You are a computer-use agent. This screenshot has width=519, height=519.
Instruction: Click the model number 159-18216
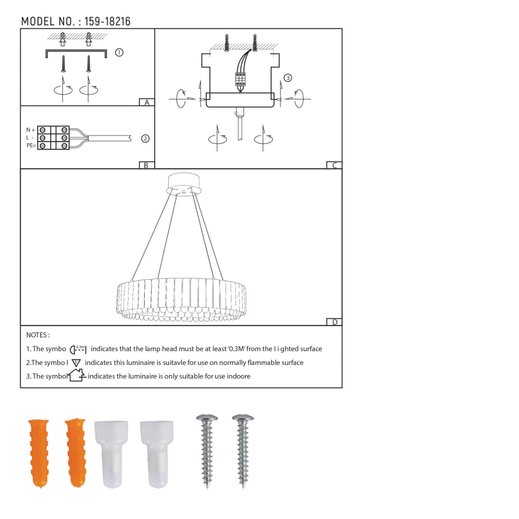[x=107, y=22]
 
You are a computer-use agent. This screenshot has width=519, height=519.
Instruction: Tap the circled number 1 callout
[x=119, y=52]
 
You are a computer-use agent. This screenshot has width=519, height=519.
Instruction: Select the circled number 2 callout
[x=145, y=139]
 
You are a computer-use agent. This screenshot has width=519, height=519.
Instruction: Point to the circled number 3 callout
[x=288, y=78]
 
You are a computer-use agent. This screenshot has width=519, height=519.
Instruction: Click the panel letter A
[x=147, y=103]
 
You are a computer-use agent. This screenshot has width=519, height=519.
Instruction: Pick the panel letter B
[x=146, y=165]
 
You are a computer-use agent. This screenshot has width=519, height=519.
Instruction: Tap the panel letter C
[x=334, y=165]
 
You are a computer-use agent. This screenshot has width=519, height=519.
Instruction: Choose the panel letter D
[x=334, y=322]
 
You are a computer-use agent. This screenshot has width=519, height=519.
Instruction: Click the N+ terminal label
[x=30, y=130]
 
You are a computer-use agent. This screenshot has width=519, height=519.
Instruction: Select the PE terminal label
[x=31, y=146]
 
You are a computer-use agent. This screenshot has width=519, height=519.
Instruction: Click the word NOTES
[x=38, y=335]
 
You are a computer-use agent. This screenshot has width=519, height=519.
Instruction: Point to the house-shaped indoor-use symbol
[x=77, y=375]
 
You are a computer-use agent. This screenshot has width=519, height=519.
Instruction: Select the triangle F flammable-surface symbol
[x=76, y=363]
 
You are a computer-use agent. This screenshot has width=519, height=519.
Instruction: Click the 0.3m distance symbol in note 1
[x=78, y=349]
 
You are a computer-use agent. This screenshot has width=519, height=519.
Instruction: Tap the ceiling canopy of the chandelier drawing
[x=184, y=184]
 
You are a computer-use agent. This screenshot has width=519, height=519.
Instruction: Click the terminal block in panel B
[x=53, y=138]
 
